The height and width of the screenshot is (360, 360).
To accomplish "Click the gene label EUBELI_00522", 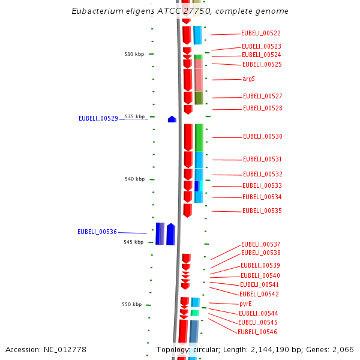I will pyautogui.click(x=260, y=34).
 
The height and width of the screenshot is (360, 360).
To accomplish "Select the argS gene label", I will pyautogui.click(x=248, y=79).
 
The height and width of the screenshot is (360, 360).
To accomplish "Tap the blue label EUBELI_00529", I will pyautogui.click(x=98, y=119).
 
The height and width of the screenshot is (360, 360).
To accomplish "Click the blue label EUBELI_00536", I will pyautogui.click(x=97, y=232).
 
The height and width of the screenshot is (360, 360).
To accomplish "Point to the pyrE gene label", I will pyautogui.click(x=245, y=304).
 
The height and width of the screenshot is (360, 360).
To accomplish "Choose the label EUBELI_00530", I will pyautogui.click(x=262, y=137).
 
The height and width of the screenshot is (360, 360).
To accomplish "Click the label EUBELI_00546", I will pyautogui.click(x=257, y=332).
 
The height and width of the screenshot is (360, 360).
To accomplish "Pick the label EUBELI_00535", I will pyautogui.click(x=262, y=211).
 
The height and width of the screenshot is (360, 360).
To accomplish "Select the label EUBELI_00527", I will pyautogui.click(x=262, y=97).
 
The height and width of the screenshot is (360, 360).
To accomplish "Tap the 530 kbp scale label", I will pyautogui.click(x=134, y=55).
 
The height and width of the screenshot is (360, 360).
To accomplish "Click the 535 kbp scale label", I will pyautogui.click(x=134, y=116).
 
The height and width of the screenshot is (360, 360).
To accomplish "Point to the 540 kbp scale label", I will pyautogui.click(x=134, y=179).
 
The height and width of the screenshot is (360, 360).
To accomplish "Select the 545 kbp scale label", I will pyautogui.click(x=134, y=242).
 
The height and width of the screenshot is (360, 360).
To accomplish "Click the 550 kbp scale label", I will pyautogui.click(x=131, y=305).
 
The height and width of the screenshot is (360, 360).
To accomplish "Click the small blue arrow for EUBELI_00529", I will pyautogui.click(x=172, y=119).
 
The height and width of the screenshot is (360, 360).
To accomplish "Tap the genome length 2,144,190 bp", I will pyautogui.click(x=280, y=350).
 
